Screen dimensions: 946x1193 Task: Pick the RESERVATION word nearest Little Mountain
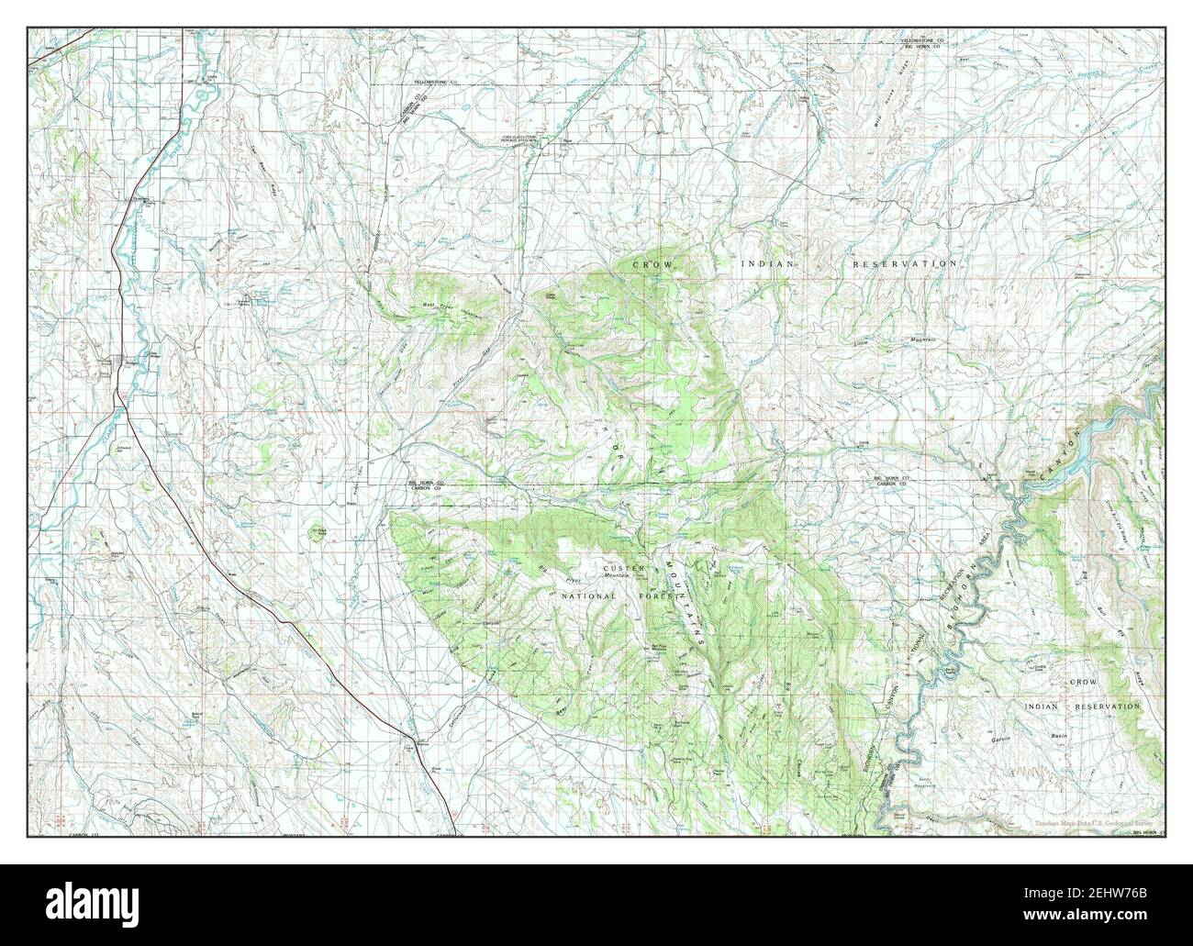point(904,264)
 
